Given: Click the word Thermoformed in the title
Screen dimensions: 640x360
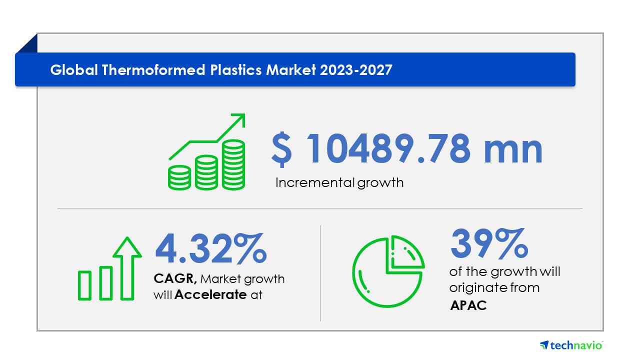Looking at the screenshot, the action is tap(153, 70).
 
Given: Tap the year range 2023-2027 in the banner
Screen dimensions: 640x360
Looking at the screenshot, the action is tap(356, 70).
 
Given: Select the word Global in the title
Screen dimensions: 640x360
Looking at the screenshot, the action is tap(74, 70).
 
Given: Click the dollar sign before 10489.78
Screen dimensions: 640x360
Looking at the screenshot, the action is tap(281, 149).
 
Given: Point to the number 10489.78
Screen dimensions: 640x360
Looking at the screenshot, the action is tap(388, 149).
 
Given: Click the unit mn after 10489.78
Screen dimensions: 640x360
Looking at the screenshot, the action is tap(513, 151).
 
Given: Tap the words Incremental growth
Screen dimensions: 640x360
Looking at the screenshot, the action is tap(339, 183).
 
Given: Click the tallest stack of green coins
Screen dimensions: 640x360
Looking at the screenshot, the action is tap(233, 165).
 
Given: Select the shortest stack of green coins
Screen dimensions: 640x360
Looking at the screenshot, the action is tap(179, 177).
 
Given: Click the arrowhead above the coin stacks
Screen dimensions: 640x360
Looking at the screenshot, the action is tap(239, 119).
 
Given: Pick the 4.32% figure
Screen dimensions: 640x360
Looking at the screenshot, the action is tap(211, 248).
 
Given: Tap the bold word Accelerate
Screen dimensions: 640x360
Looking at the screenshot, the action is tap(210, 294).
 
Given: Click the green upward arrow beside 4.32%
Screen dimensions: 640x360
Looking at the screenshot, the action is tap(127, 268).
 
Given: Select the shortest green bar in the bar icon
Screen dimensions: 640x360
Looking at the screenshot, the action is tap(84, 285).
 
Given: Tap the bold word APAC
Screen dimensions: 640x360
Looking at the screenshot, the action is tap(468, 305).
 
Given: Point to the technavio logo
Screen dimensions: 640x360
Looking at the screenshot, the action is tap(571, 345).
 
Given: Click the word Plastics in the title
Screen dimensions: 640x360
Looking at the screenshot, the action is tap(235, 70).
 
